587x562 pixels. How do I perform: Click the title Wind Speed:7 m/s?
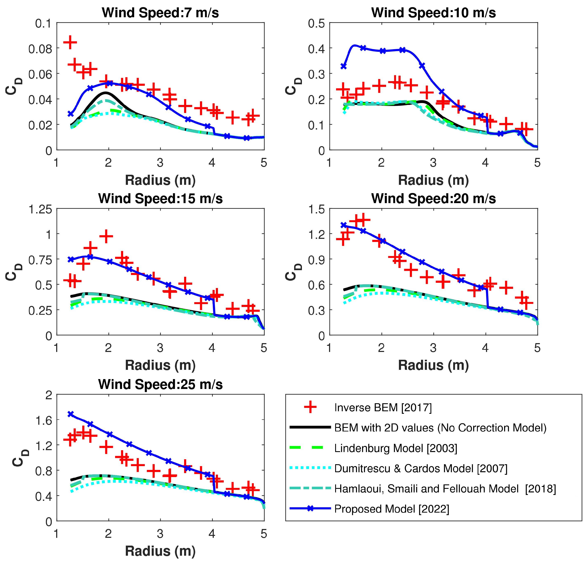pyautogui.click(x=160, y=13)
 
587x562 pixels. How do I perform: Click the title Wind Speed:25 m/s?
pyautogui.click(x=160, y=385)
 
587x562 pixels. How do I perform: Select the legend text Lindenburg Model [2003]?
pyautogui.click(x=396, y=448)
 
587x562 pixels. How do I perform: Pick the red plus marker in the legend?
pyautogui.click(x=310, y=407)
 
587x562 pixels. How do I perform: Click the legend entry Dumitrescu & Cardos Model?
pyautogui.click(x=421, y=468)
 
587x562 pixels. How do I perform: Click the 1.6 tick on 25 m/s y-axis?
pyautogui.click(x=44, y=420)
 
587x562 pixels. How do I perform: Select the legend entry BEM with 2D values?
pyautogui.click(x=440, y=428)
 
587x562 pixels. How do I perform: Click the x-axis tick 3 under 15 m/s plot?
pyautogui.click(x=160, y=348)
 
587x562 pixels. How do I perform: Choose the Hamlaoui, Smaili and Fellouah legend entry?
pyautogui.click(x=445, y=489)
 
